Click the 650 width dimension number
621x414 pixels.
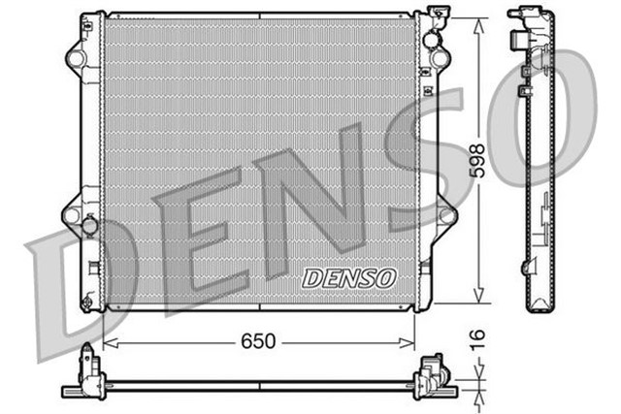pyautogui.click(x=259, y=341)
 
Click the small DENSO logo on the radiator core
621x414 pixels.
pyautogui.click(x=350, y=277)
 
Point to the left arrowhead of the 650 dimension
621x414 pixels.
pyautogui.click(x=107, y=341)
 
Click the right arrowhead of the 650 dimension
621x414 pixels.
pyautogui.click(x=410, y=341)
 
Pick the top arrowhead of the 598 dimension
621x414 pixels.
pyautogui.click(x=476, y=20)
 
